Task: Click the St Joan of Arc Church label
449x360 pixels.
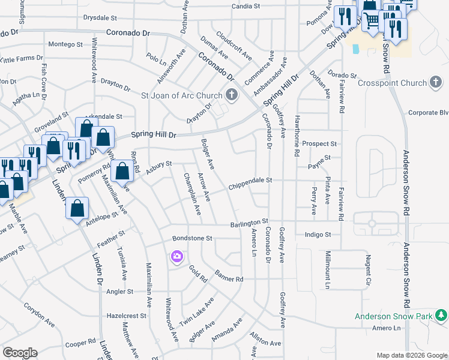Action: click(x=181, y=95)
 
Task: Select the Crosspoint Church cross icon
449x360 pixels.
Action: click(x=437, y=83)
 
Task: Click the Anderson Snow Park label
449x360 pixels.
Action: click(x=394, y=316)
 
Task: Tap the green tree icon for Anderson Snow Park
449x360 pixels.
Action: click(x=442, y=315)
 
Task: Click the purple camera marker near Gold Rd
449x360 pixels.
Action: click(x=176, y=257)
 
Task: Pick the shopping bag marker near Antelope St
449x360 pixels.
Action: click(x=77, y=209)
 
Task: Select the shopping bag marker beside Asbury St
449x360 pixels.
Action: click(x=122, y=172)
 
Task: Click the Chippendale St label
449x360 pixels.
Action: click(x=250, y=180)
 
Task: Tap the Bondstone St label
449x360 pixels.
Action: click(x=193, y=238)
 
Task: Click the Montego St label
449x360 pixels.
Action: click(x=65, y=44)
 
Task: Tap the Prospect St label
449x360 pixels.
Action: click(x=320, y=144)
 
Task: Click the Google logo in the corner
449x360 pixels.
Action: click(x=20, y=353)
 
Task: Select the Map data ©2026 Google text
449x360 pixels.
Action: click(x=412, y=355)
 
